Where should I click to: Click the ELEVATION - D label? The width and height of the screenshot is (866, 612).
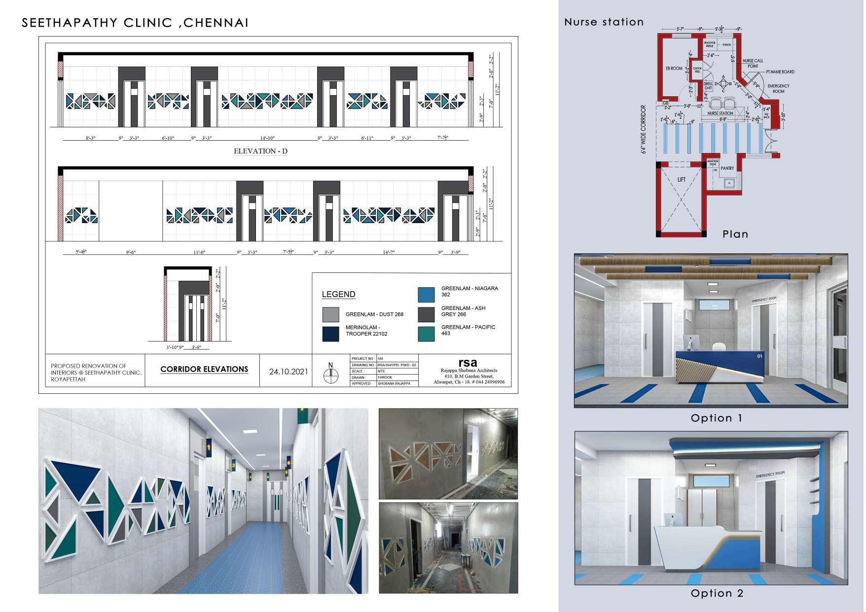click(260, 151)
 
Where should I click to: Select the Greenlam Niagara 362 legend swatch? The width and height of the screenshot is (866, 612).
click(426, 294)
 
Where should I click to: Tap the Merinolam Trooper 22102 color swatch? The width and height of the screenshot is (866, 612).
click(330, 334)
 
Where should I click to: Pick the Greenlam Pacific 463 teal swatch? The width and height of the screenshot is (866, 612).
click(426, 334)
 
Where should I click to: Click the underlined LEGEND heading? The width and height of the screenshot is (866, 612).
click(338, 295)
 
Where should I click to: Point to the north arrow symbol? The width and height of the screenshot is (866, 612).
click(330, 375)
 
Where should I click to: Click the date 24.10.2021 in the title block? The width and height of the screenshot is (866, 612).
click(289, 372)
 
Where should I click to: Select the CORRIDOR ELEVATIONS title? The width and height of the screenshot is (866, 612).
click(204, 369)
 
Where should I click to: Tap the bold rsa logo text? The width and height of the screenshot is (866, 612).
click(467, 362)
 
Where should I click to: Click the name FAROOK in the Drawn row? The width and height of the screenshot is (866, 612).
click(385, 377)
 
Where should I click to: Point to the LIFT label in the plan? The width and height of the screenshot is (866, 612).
click(681, 180)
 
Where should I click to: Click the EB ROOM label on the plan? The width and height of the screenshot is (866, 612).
click(674, 68)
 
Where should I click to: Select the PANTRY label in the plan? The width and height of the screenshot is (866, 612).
click(727, 168)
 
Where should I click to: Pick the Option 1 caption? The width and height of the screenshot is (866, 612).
click(716, 418)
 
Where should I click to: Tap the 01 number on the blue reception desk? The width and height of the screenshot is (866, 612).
click(759, 355)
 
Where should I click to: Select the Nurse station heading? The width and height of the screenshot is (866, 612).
click(604, 22)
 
